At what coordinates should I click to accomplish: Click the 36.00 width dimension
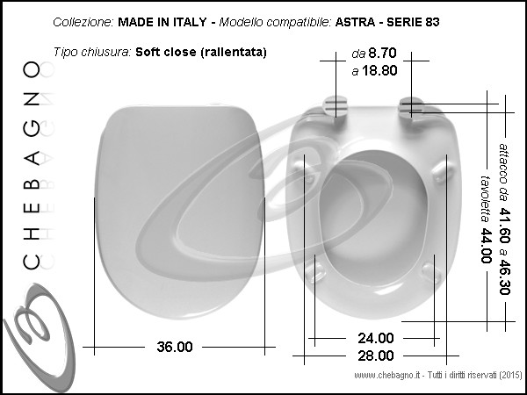pos(175,347)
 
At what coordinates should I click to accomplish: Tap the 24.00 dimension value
pos(375,338)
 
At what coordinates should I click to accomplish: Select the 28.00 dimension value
pos(375,355)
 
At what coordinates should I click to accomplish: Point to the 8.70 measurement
pos(382,53)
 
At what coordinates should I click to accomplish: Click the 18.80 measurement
pos(379,70)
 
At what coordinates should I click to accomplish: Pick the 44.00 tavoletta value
pos(487,246)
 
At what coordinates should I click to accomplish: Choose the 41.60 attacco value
pos(505,226)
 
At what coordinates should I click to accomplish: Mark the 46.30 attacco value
pos(505,276)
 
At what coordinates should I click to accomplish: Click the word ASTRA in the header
pos(355,22)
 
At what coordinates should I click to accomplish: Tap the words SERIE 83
pos(413,22)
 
